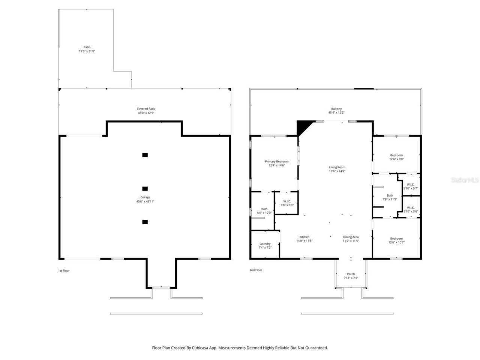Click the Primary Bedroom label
[277, 162]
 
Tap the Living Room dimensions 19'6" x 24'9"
[337, 171]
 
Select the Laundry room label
[265, 244]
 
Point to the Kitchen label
[304, 237]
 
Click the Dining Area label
[351, 237]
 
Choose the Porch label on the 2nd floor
[351, 274]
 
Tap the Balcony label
[336, 109]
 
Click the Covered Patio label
[146, 109]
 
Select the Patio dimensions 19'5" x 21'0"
[87, 51]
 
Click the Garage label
[145, 197]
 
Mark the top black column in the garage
[145, 155]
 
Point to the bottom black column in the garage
[145, 222]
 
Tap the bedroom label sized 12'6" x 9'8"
[396, 155]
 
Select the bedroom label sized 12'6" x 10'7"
[396, 238]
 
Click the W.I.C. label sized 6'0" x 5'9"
[287, 201]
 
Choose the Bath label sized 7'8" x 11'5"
[390, 195]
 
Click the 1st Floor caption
[64, 270]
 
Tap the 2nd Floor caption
[256, 270]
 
